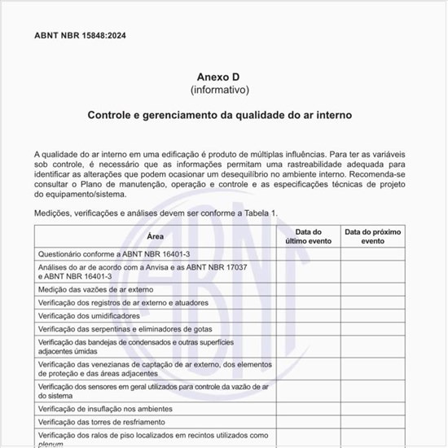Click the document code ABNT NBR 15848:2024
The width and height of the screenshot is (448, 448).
[x=81, y=36]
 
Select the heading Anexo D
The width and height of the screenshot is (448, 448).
[x=220, y=76]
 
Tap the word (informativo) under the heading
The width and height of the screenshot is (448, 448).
[x=220, y=90]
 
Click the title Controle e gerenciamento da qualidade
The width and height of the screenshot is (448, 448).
[x=220, y=116]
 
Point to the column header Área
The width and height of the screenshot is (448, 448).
[x=155, y=236]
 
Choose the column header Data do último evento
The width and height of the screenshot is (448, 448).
[x=308, y=236]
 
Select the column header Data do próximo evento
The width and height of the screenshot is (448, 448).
[x=372, y=236]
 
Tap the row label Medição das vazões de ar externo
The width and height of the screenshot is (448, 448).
[x=95, y=289]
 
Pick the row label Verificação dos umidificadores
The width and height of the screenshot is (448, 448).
[x=89, y=315]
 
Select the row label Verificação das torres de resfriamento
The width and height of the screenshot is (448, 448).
[x=102, y=422]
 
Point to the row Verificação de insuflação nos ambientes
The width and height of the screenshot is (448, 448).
[x=105, y=408]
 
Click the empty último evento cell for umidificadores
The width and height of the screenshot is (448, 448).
[x=308, y=315]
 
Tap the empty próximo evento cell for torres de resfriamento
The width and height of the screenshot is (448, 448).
[x=372, y=422]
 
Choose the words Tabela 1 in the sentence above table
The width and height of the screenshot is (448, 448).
[x=260, y=213]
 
